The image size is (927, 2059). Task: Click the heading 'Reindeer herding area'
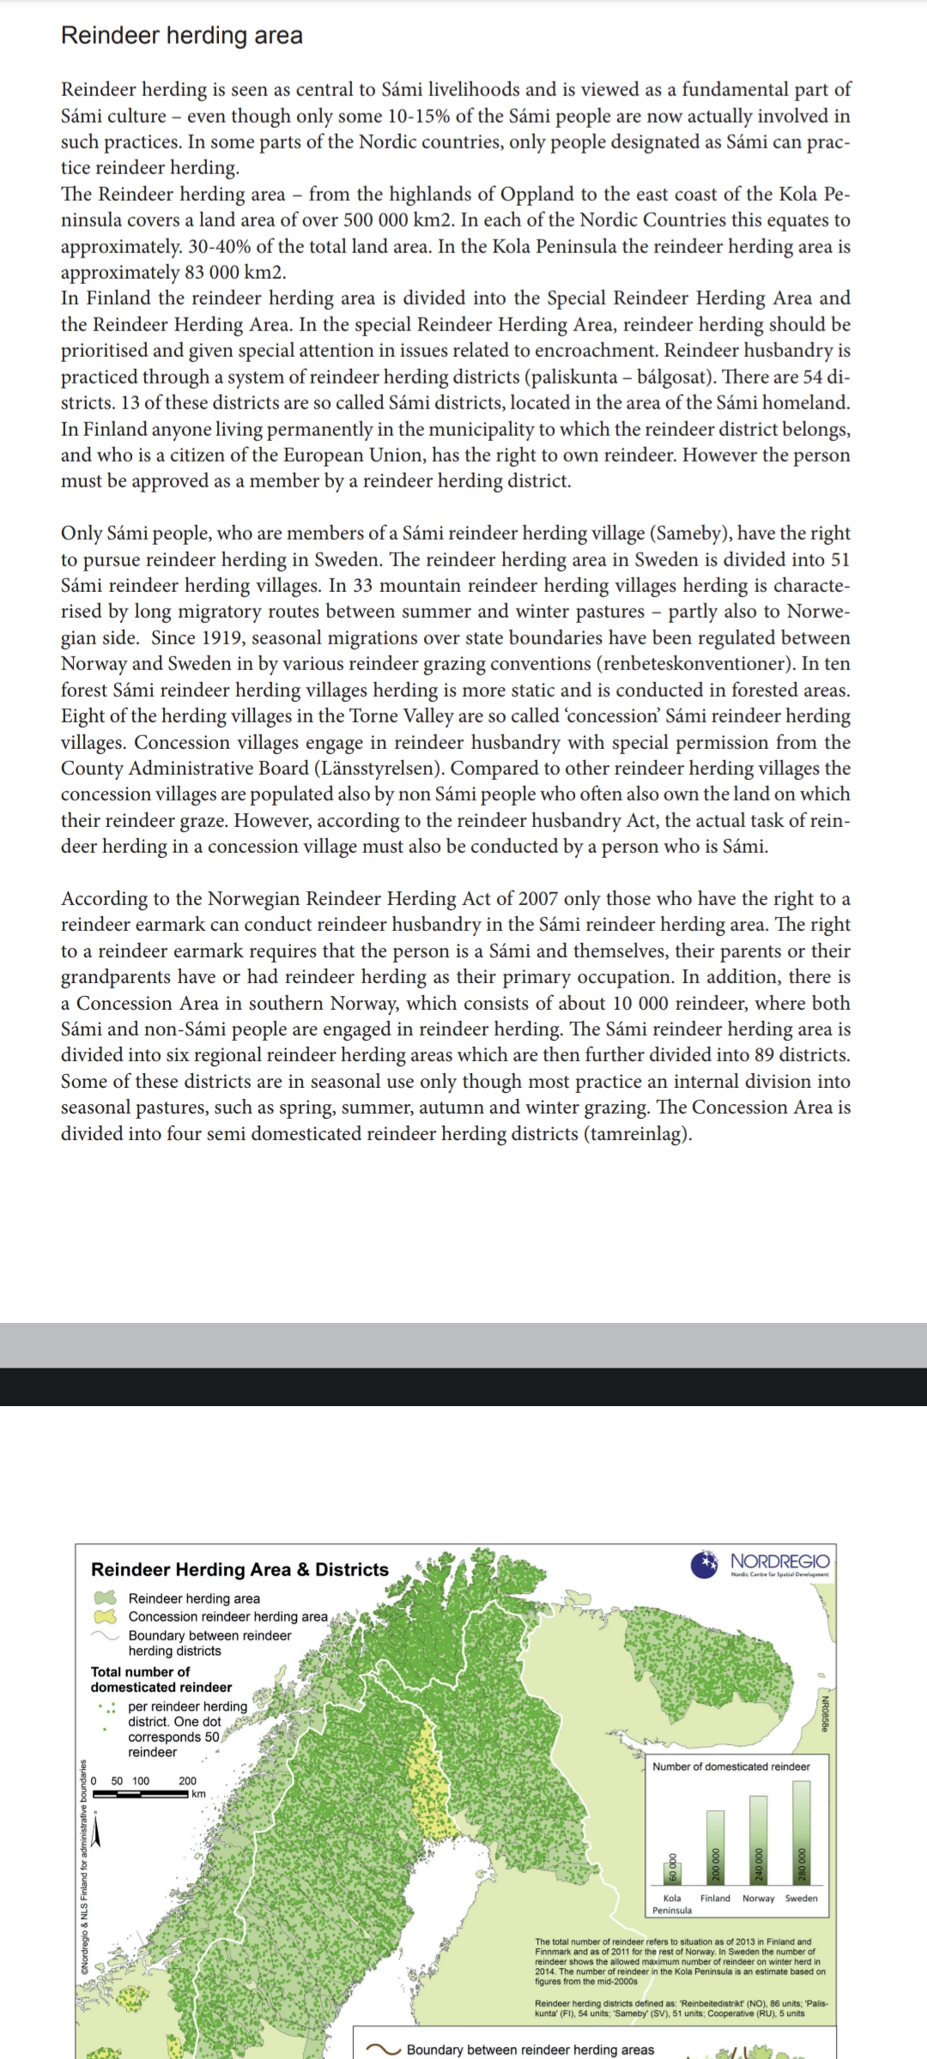coord(181,35)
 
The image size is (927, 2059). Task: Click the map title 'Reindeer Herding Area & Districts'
coord(239,1569)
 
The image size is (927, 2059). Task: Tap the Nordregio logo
coord(760,1563)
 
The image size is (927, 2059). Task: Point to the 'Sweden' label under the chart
coord(801,1898)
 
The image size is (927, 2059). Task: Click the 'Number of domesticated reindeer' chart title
coord(730,1766)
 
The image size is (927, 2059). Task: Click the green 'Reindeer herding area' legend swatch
coord(105,1598)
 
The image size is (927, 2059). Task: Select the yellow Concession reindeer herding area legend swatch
coord(105,1616)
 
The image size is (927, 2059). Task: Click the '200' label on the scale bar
coord(187,1781)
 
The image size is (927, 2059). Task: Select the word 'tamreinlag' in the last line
coord(636,1133)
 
